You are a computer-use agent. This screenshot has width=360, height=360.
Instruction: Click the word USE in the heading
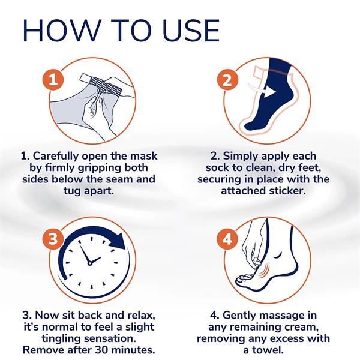pyautogui.click(x=191, y=31)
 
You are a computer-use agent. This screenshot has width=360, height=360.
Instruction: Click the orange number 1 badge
pyautogui.click(x=53, y=80)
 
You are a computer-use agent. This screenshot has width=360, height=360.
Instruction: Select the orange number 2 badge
pyautogui.click(x=227, y=80)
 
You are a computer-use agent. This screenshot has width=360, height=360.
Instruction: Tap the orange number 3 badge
pyautogui.click(x=53, y=239)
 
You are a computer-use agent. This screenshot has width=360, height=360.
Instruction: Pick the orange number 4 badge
pyautogui.click(x=227, y=239)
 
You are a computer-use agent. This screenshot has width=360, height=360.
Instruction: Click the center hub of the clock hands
pyautogui.click(x=90, y=263)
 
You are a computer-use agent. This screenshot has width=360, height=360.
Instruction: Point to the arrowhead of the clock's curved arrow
pyautogui.click(x=118, y=242)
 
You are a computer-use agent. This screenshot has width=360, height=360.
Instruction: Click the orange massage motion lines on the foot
pyautogui.click(x=264, y=271)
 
